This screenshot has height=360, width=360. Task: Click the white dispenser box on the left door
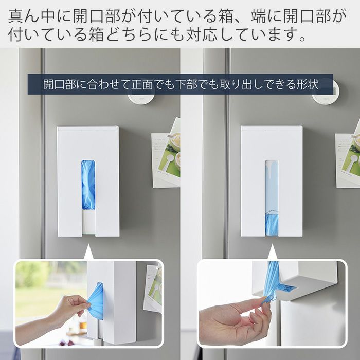point(88,182)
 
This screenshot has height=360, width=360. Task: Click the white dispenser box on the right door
point(272,182)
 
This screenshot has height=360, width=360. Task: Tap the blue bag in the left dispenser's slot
point(88,185)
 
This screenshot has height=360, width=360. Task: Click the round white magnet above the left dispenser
point(141,98)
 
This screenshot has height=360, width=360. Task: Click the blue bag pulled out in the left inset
point(96,301)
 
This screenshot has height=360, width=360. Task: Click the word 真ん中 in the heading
point(31,16)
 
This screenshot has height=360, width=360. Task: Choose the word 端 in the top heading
point(259,16)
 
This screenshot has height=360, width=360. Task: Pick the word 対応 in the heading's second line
point(202,34)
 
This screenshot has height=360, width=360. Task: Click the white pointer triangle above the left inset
point(88,253)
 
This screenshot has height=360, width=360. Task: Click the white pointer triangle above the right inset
point(273,253)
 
